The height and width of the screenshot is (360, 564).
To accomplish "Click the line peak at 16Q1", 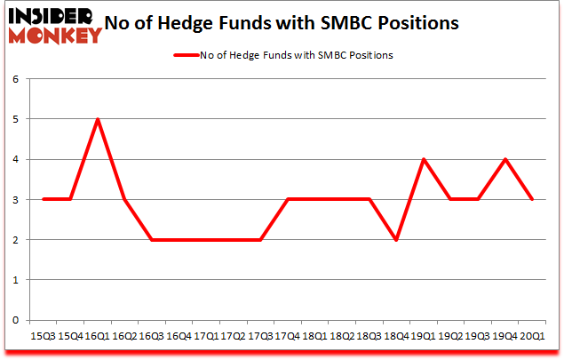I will pyautogui.click(x=98, y=119).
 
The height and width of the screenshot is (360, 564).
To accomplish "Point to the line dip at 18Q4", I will pyautogui.click(x=396, y=240).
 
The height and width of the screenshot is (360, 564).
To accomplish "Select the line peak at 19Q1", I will pyautogui.click(x=425, y=159).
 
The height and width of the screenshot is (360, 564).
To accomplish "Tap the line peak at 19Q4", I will pyautogui.click(x=506, y=159).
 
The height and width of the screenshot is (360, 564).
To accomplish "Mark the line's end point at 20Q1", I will pyautogui.click(x=533, y=199).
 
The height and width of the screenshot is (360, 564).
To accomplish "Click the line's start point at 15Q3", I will pyautogui.click(x=44, y=199).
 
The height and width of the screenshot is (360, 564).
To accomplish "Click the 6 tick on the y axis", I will pyautogui.click(x=15, y=79).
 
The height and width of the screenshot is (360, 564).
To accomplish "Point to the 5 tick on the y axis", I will pyautogui.click(x=15, y=119).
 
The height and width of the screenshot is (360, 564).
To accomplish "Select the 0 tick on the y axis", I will pyautogui.click(x=15, y=320).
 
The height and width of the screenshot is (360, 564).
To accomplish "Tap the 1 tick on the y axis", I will pyautogui.click(x=15, y=280).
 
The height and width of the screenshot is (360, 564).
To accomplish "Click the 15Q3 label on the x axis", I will pyautogui.click(x=44, y=337).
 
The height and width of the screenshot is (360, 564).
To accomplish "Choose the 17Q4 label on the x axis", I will pyautogui.click(x=288, y=337).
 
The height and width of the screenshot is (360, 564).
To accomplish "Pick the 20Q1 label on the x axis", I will pyautogui.click(x=533, y=337).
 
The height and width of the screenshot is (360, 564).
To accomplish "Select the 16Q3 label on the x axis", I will pyautogui.click(x=152, y=337).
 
